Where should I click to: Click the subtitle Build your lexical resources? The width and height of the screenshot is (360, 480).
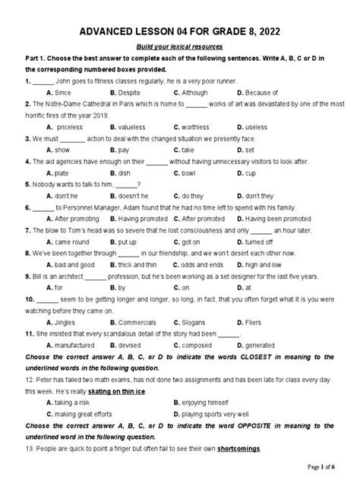[179, 47]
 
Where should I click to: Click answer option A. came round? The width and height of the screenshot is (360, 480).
[68, 241]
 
